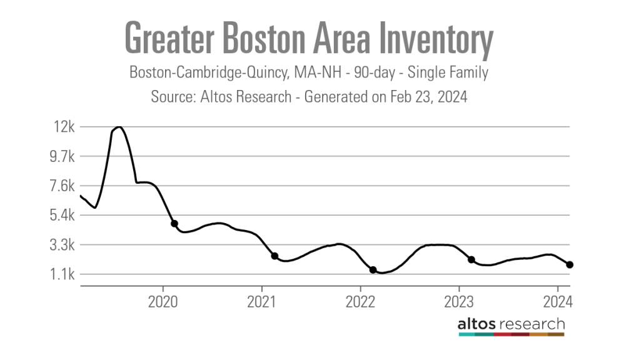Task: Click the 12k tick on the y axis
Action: [64, 127]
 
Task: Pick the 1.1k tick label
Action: [61, 274]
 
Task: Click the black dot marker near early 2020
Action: [174, 224]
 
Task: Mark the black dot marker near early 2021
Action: [274, 256]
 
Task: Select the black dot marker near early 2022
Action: [373, 270]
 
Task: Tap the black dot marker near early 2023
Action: [471, 259]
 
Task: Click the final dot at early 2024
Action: [570, 265]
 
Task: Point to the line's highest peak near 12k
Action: [118, 127]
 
